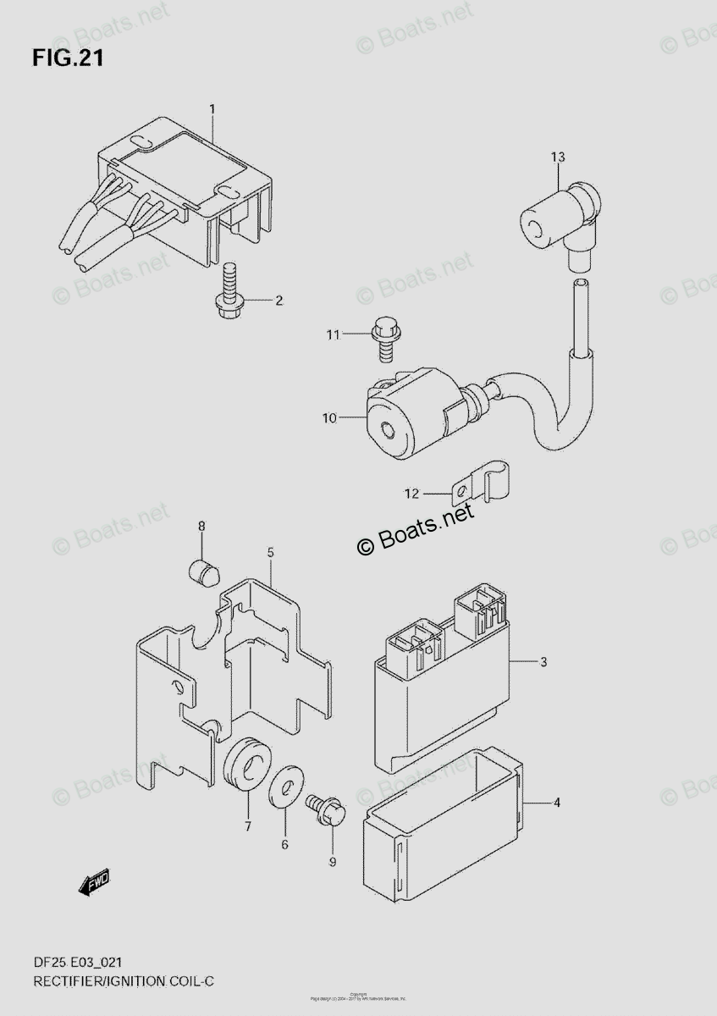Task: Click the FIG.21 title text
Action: (69, 58)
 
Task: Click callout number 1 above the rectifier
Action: (212, 108)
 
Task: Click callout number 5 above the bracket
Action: (269, 553)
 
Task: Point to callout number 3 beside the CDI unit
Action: (543, 661)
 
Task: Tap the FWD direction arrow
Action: (94, 883)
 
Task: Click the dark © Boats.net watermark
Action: (416, 533)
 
